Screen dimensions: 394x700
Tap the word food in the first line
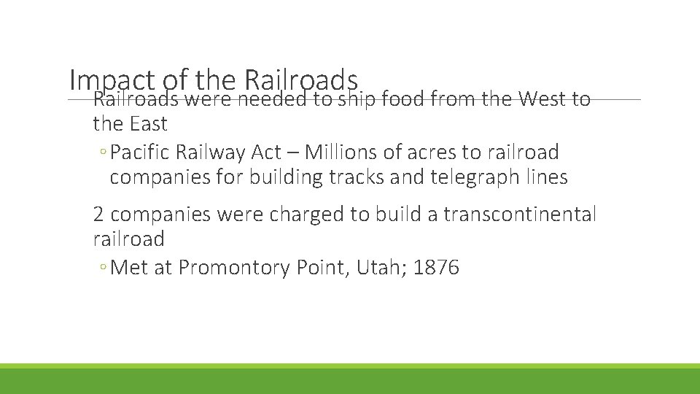[400, 98]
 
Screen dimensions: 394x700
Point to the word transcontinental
[520, 215]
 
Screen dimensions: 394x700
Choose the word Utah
[380, 268]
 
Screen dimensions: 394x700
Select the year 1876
[436, 268]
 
